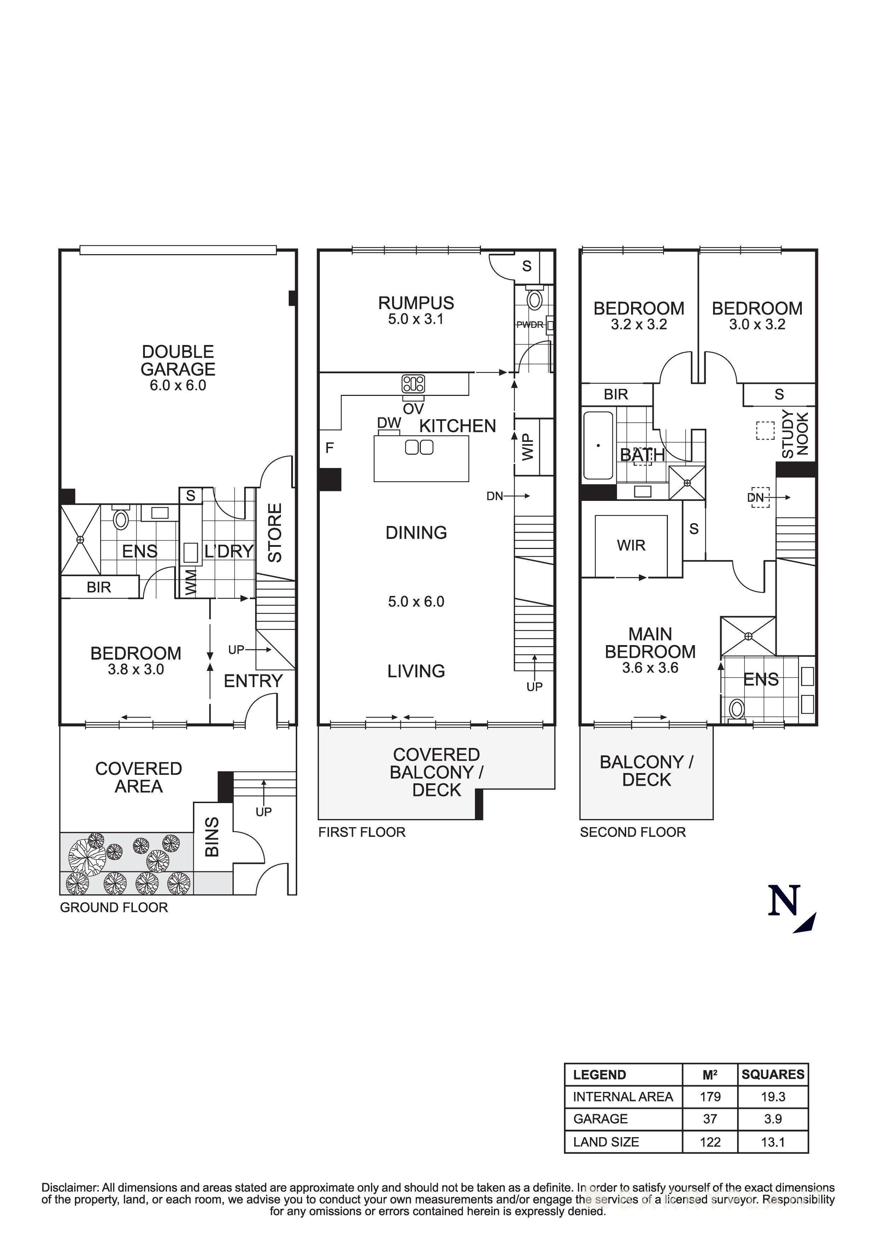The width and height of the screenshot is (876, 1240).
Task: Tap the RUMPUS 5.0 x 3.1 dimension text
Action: click(x=416, y=319)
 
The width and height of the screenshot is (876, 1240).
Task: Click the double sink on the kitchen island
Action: click(x=419, y=447)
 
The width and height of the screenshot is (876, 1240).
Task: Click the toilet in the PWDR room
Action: click(x=534, y=300)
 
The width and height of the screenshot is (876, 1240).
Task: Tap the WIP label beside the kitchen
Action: click(x=528, y=447)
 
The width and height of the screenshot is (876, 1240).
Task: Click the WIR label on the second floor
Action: click(x=631, y=545)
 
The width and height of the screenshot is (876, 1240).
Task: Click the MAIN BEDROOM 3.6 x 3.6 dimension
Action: click(x=650, y=668)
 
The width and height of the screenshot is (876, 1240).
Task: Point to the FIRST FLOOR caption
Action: click(x=361, y=832)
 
